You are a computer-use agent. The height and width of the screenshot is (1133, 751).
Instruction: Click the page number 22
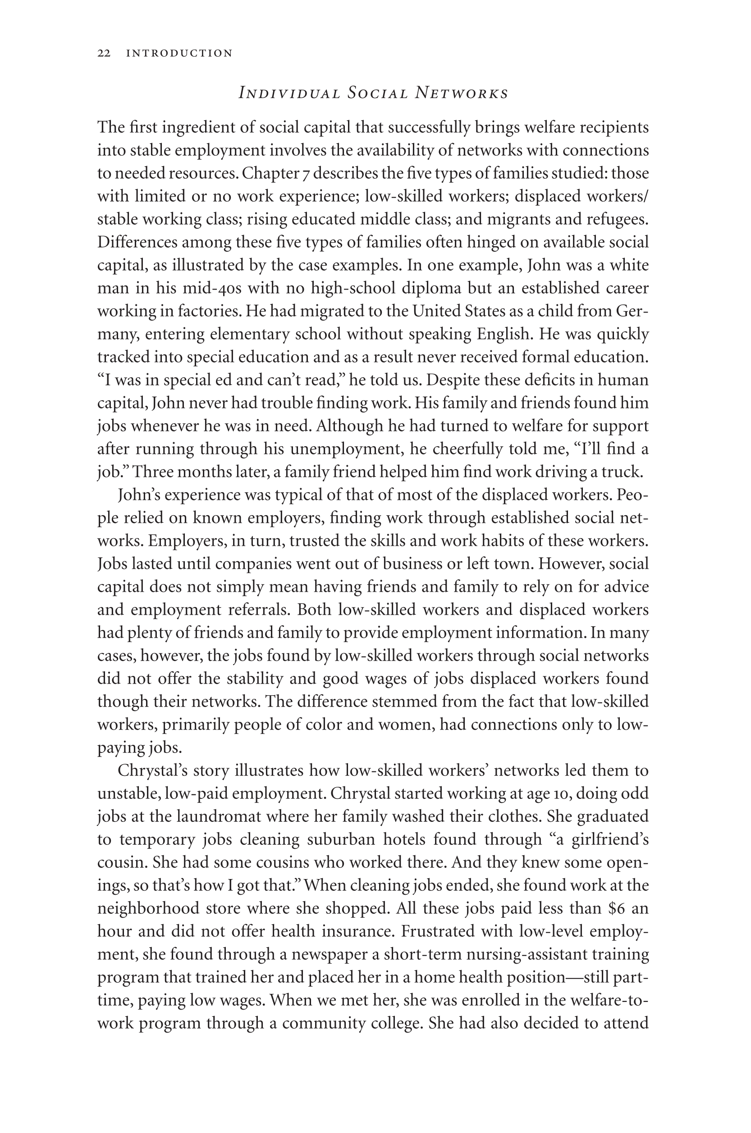104,53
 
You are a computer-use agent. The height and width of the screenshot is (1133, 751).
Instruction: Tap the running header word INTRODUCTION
179,53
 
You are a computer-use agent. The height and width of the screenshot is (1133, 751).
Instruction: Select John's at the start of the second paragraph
139,495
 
